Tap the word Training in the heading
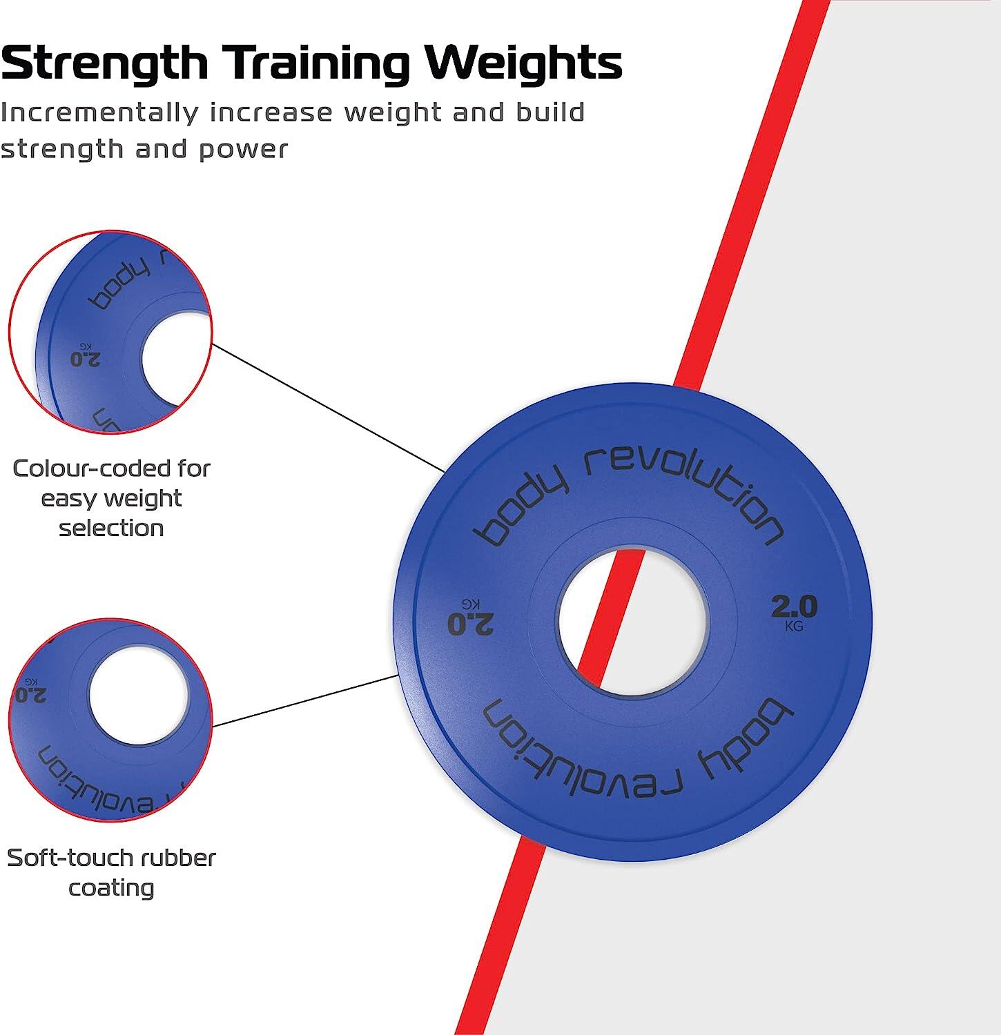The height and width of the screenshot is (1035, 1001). coord(319,63)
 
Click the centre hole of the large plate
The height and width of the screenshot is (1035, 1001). coord(632,621)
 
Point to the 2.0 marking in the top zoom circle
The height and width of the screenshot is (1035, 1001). coord(86,356)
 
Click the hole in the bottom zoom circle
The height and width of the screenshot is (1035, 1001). coord(139,696)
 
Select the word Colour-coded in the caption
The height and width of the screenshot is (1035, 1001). coord(111,469)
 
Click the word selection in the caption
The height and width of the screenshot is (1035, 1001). coord(111,529)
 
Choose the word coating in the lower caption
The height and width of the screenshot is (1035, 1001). coord(111,889)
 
